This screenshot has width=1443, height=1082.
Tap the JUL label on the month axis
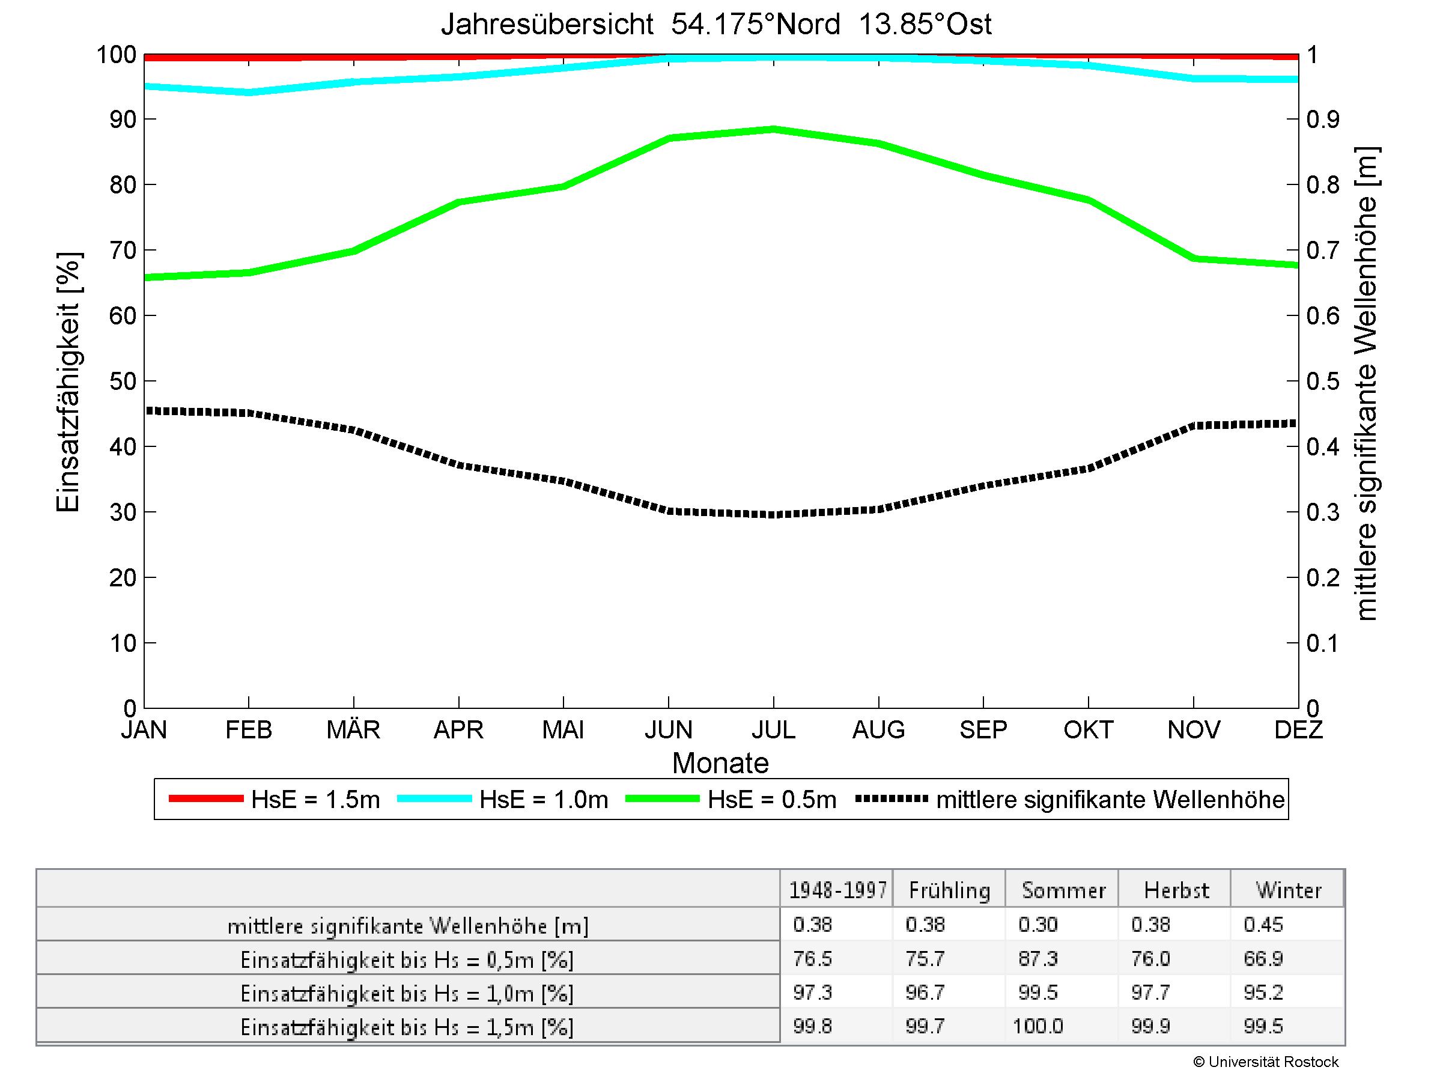773,729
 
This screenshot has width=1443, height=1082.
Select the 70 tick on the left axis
123,251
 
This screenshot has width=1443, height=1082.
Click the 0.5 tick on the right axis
1323,381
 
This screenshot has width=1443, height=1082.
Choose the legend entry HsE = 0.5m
772,800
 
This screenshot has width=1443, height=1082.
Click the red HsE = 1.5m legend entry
315,800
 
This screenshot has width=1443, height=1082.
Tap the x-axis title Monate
720,763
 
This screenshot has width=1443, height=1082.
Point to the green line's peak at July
774,129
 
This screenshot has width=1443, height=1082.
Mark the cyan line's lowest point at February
249,92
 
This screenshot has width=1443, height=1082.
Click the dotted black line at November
1194,426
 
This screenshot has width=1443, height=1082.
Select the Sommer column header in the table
1063,891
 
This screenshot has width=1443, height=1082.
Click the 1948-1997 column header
837,891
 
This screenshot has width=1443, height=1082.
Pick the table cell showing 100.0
1037,1027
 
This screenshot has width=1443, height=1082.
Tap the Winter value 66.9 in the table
1263,959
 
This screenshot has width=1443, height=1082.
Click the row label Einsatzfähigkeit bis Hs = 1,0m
407,993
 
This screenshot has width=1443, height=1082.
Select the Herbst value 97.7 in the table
1151,992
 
